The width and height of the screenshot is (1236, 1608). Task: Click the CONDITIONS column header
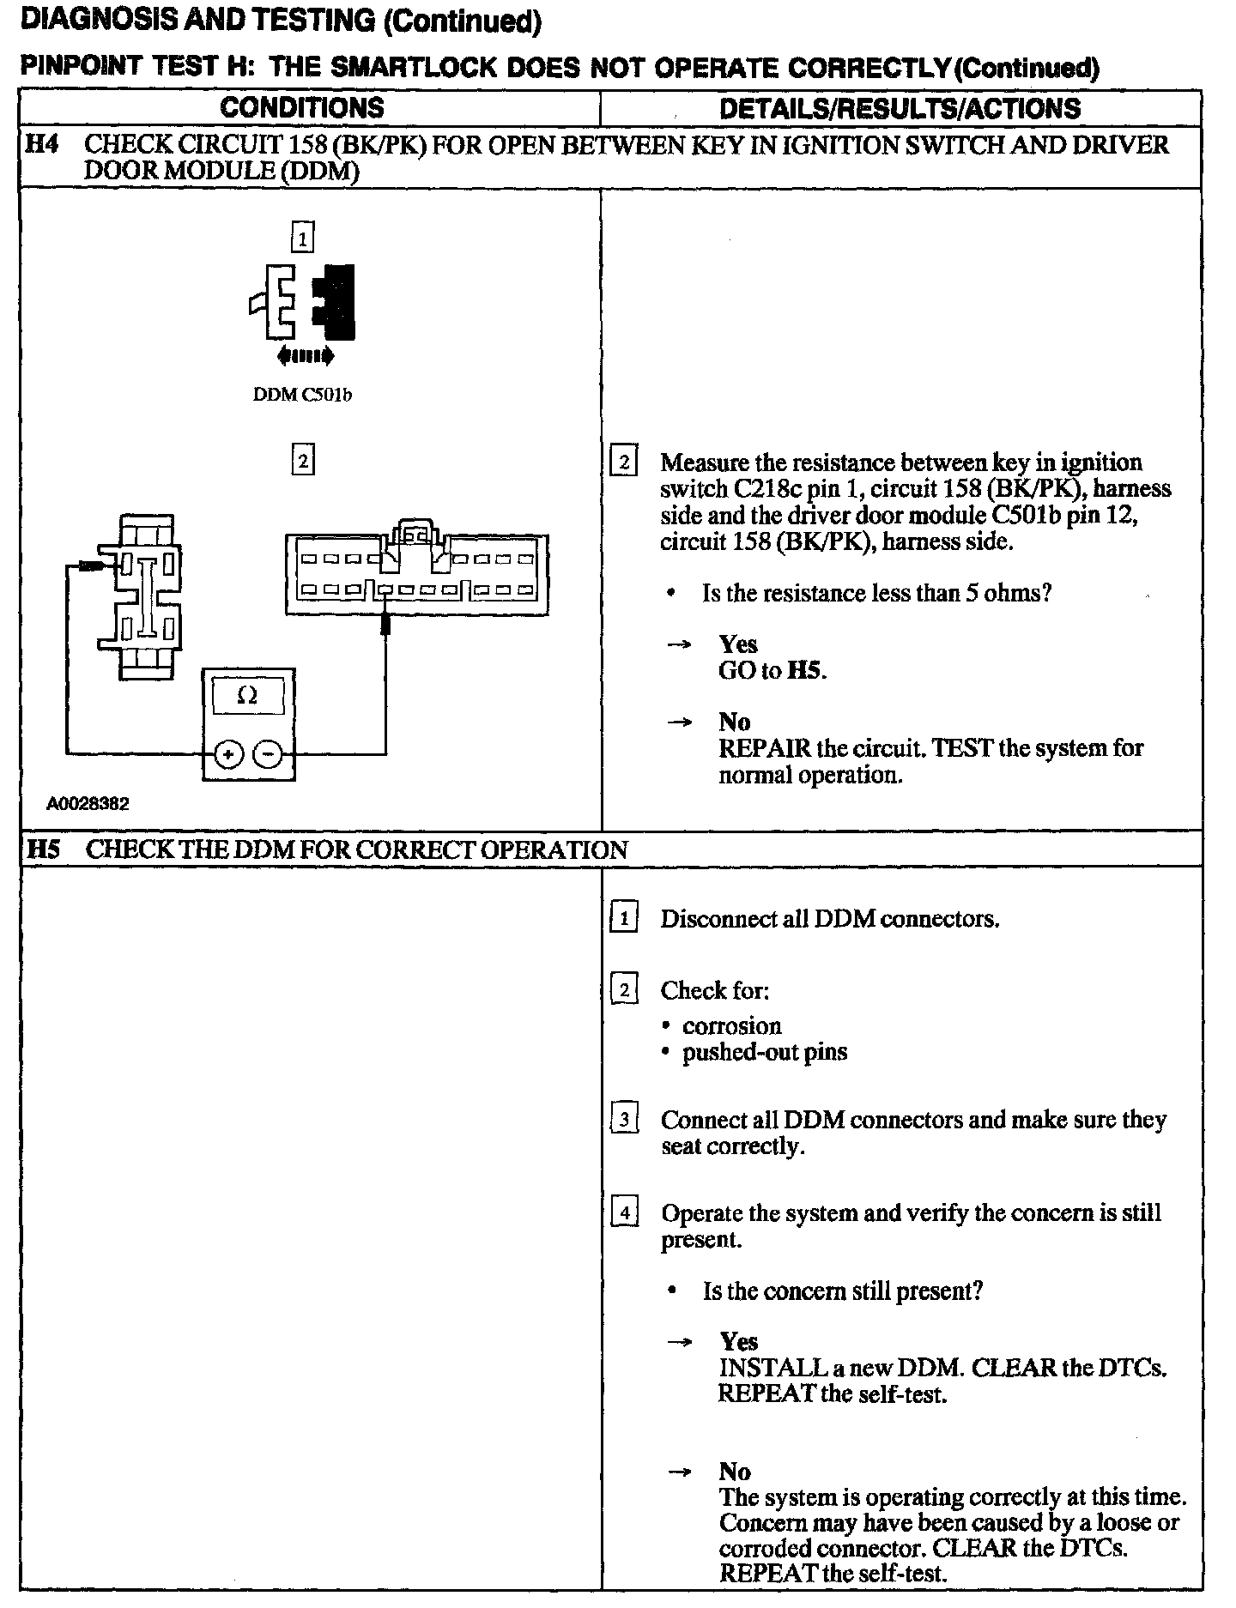301,108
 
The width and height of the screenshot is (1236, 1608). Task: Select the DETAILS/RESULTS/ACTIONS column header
900,108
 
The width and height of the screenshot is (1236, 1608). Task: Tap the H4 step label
42,144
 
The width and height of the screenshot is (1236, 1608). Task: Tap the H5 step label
44,849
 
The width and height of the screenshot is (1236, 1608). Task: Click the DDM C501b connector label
302,396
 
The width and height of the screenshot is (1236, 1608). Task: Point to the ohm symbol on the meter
247,696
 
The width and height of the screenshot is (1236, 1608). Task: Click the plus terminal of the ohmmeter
229,754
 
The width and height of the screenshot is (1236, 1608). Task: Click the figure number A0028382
88,804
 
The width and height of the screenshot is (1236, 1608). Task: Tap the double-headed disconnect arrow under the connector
301,355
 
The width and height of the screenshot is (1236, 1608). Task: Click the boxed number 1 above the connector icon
302,237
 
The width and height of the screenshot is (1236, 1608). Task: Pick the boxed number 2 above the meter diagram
302,460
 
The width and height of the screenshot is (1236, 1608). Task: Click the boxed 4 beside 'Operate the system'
624,1213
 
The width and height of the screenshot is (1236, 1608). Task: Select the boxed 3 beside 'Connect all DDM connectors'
624,1120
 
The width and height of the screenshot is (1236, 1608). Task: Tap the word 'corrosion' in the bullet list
731,1026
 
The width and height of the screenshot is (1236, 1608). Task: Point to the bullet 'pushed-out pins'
764,1052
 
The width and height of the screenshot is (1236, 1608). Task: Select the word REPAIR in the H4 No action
764,748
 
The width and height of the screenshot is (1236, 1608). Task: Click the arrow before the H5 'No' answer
680,1472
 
